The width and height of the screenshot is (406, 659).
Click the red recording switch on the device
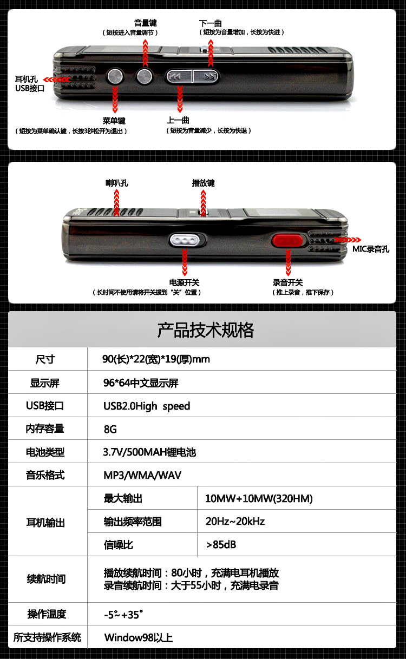pyautogui.click(x=287, y=240)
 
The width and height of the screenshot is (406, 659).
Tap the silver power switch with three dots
pyautogui.click(x=187, y=240)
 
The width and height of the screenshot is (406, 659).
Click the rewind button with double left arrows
pyautogui.click(x=179, y=76)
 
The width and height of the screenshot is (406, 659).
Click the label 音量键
pyautogui.click(x=145, y=23)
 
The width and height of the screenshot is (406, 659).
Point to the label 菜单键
pyautogui.click(x=114, y=120)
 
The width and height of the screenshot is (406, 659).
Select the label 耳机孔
pyautogui.click(x=27, y=79)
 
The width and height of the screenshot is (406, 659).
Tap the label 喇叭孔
pyautogui.click(x=117, y=183)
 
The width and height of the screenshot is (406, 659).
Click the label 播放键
pyautogui.click(x=204, y=183)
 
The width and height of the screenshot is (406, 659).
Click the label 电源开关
pyautogui.click(x=185, y=282)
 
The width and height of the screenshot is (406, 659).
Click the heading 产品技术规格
pyautogui.click(x=205, y=329)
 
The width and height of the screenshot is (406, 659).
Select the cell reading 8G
pyautogui.click(x=110, y=429)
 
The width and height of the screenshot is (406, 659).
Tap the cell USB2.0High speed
pyautogui.click(x=147, y=406)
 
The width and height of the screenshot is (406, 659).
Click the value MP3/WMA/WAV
pyautogui.click(x=142, y=475)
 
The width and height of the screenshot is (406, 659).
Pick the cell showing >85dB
pyautogui.click(x=221, y=544)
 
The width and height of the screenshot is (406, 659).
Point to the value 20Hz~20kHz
pyautogui.click(x=235, y=521)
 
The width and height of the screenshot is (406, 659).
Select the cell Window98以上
pyautogui.click(x=139, y=637)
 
